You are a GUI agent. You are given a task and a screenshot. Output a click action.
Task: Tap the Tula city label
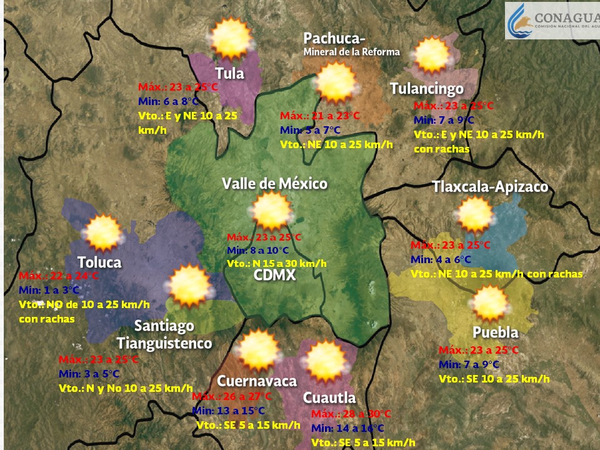pos(229,73)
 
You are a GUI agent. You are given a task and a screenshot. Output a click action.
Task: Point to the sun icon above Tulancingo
pos(432,56)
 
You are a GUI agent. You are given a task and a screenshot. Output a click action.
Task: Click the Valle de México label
pos(275,184)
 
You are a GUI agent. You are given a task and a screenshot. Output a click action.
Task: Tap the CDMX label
pos(275,276)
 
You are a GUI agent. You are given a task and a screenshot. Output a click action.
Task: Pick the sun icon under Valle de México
pos(272,211)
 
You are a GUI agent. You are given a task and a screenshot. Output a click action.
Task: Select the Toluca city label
pos(99,262)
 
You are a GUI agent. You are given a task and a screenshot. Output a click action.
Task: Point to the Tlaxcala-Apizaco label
pos(490,187)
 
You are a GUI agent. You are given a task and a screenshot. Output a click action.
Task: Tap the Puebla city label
pos(496,331)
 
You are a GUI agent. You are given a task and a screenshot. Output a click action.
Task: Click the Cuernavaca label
pos(257,381)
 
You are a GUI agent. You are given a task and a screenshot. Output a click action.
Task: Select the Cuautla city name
pos(329,397)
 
